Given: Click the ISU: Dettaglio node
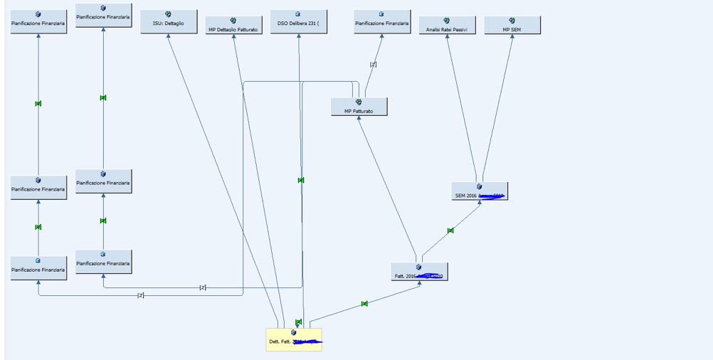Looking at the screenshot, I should (x=169, y=22).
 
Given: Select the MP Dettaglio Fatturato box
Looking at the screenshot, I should (x=233, y=26).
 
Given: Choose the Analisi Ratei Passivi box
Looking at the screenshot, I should (x=447, y=26).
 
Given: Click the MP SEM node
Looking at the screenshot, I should (x=512, y=26).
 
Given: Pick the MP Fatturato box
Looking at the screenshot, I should (x=359, y=107).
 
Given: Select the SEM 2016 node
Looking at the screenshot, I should (x=480, y=191).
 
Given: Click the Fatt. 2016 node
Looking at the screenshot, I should (x=419, y=272).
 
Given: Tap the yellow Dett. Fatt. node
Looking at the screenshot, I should (x=294, y=339).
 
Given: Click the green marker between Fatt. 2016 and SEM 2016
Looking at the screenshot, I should (x=450, y=231).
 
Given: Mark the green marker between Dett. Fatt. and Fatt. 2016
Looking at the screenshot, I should (x=364, y=304).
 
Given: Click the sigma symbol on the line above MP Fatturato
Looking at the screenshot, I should (x=373, y=65).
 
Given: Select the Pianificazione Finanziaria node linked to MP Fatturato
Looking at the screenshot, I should (x=382, y=22).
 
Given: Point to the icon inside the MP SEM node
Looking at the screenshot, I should (x=512, y=21).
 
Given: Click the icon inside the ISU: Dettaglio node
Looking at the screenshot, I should (x=169, y=14).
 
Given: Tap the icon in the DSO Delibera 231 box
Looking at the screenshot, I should (x=298, y=14).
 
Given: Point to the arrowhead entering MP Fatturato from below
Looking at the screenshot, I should (x=359, y=119).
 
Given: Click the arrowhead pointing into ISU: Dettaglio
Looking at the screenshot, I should (x=169, y=36).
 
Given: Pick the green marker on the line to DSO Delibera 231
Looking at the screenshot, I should (x=301, y=180).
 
